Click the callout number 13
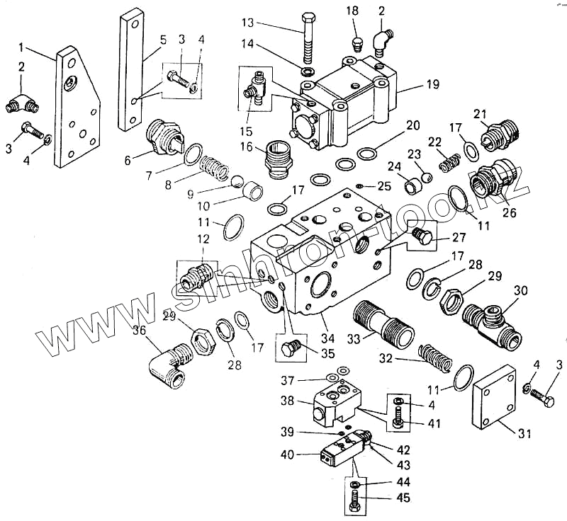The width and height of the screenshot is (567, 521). coord(247,23)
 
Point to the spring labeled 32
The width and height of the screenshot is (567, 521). coord(435,355)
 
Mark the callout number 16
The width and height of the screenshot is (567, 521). coord(247,147)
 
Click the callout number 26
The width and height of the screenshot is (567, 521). coord(509,211)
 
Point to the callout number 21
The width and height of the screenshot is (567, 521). coord(481,114)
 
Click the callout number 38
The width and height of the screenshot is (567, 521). coord(286,400)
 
